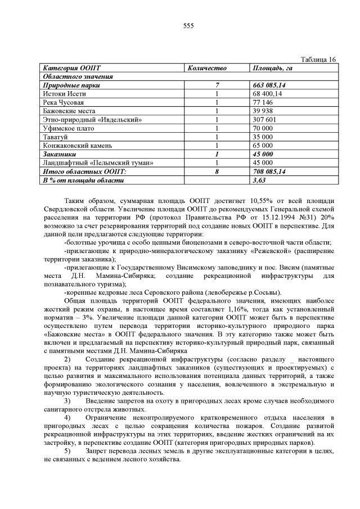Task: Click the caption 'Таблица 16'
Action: [x=319, y=60]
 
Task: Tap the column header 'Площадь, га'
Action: [x=273, y=68]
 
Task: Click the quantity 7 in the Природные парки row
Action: [x=216, y=85]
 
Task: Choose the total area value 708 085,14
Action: [x=270, y=171]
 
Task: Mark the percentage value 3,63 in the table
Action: [x=259, y=180]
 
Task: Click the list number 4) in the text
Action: [x=67, y=418]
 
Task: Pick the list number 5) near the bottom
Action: [x=67, y=451]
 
